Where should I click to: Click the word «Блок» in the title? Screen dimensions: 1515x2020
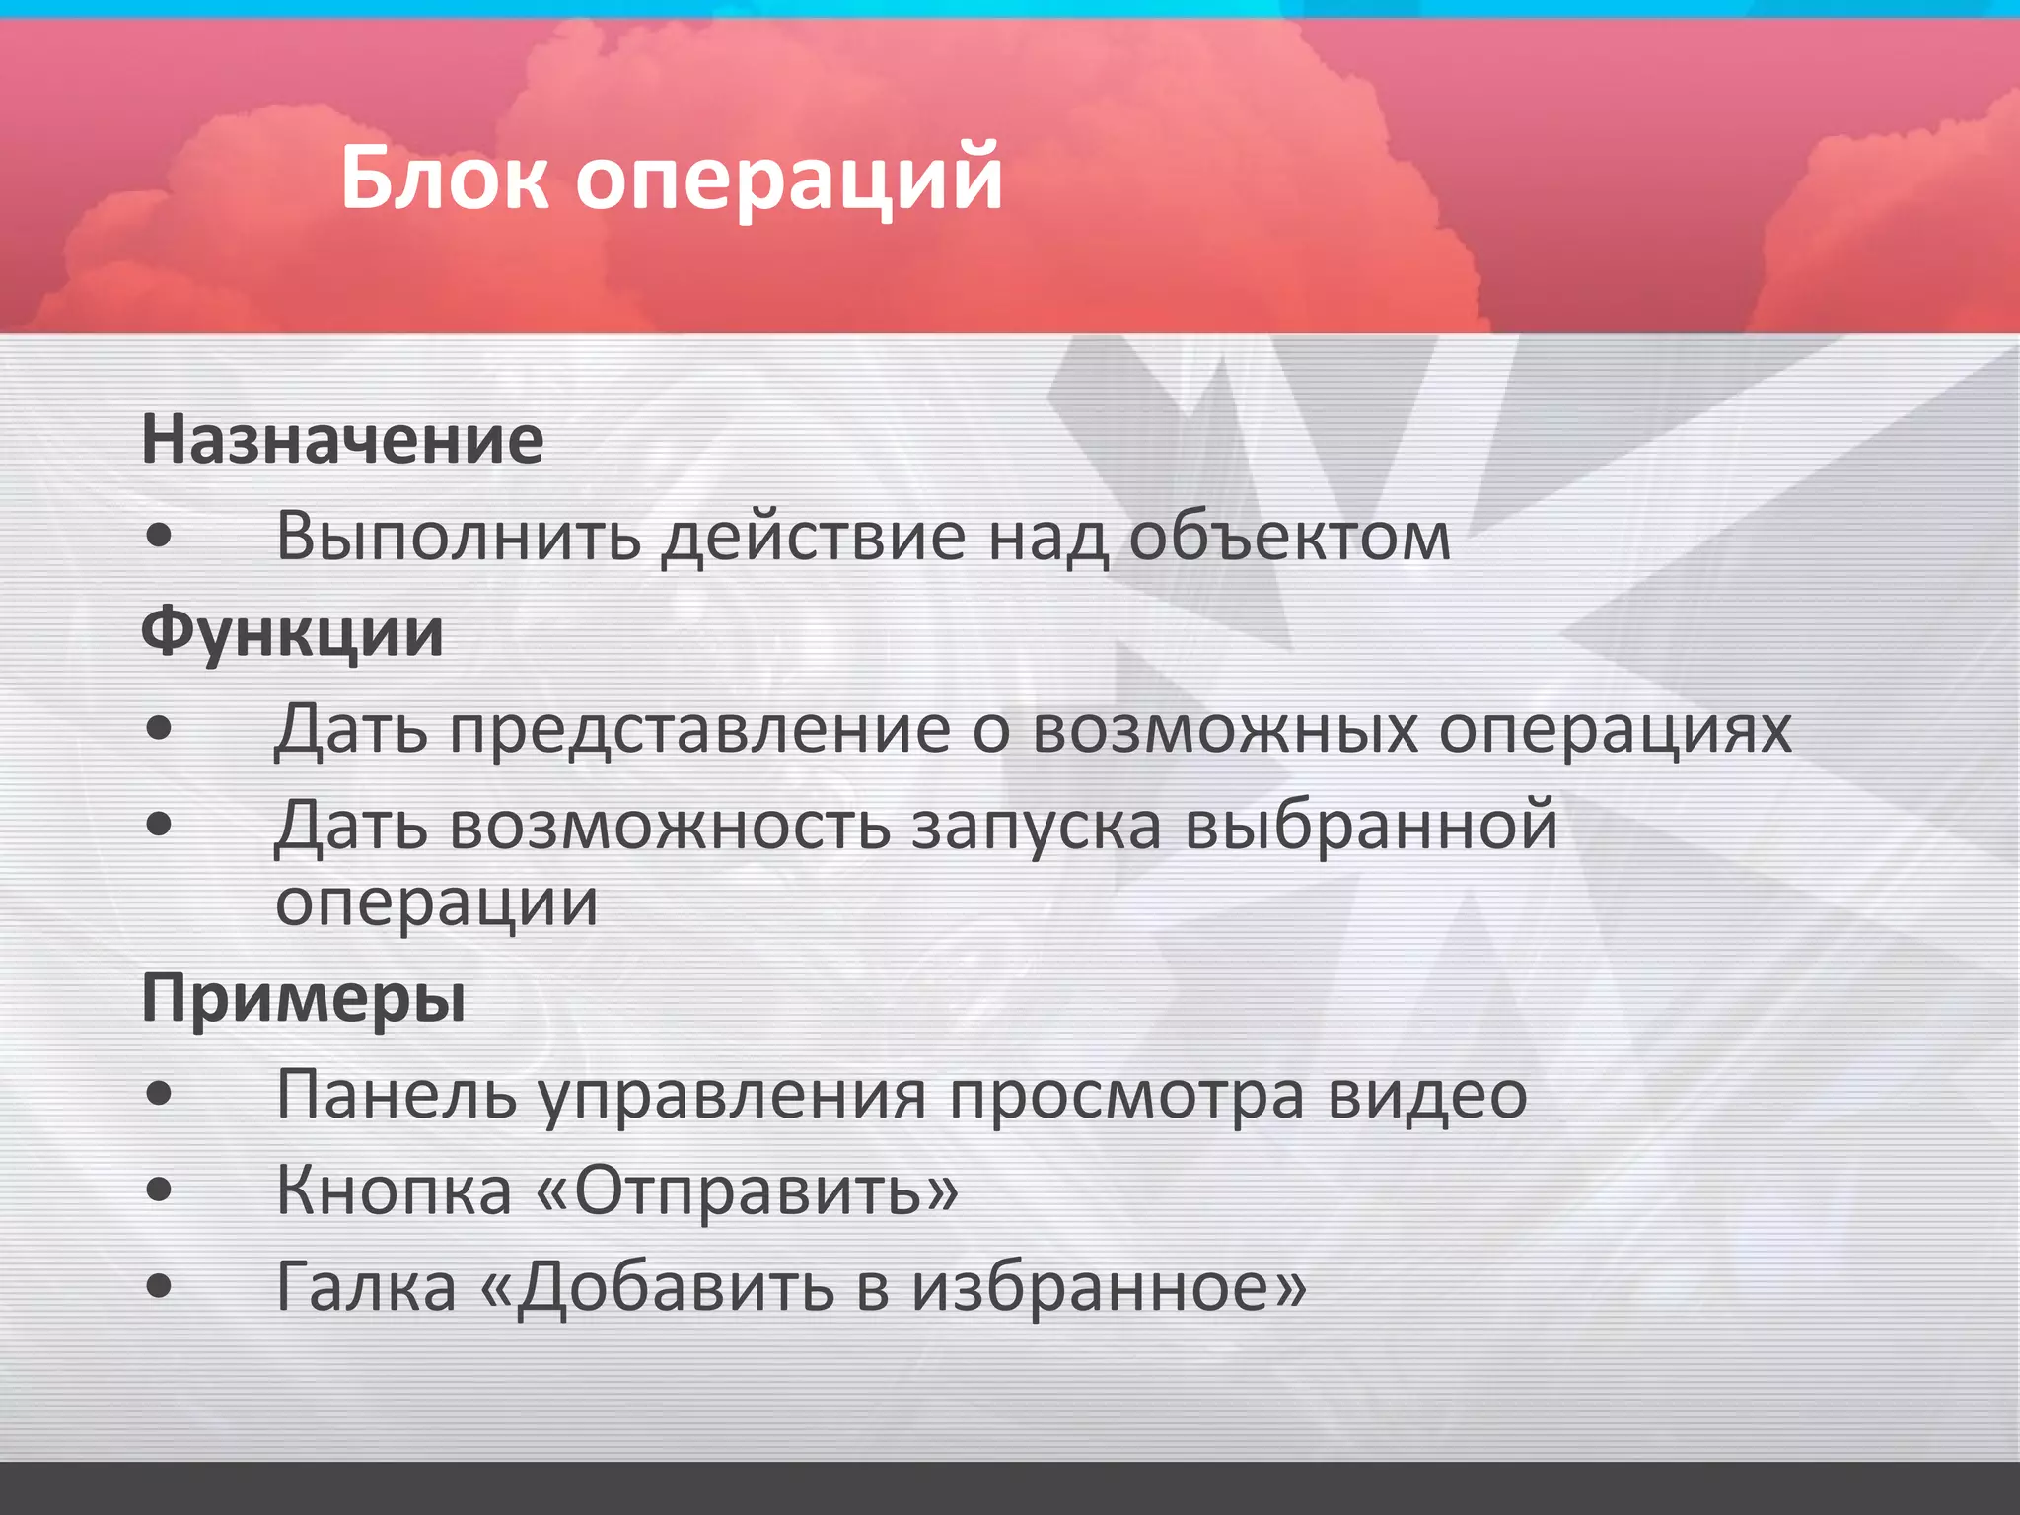[x=445, y=179]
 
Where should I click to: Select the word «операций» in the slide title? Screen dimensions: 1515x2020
[x=789, y=182]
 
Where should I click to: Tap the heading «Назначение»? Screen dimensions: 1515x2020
[x=342, y=440]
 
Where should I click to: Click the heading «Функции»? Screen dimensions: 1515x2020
[x=292, y=633]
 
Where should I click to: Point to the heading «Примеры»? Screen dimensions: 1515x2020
[x=304, y=999]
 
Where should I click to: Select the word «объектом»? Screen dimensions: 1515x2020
[x=1289, y=538]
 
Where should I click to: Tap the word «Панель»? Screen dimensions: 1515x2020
[x=397, y=1095]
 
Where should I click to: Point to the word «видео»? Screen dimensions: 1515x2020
[x=1427, y=1095]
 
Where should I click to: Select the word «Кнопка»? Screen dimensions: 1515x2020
[x=394, y=1190]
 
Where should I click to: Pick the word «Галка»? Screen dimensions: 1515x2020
[x=367, y=1286]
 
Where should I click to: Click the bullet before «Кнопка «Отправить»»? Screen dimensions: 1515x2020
[x=159, y=1190]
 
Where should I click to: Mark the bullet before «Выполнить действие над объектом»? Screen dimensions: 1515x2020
[x=159, y=538]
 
